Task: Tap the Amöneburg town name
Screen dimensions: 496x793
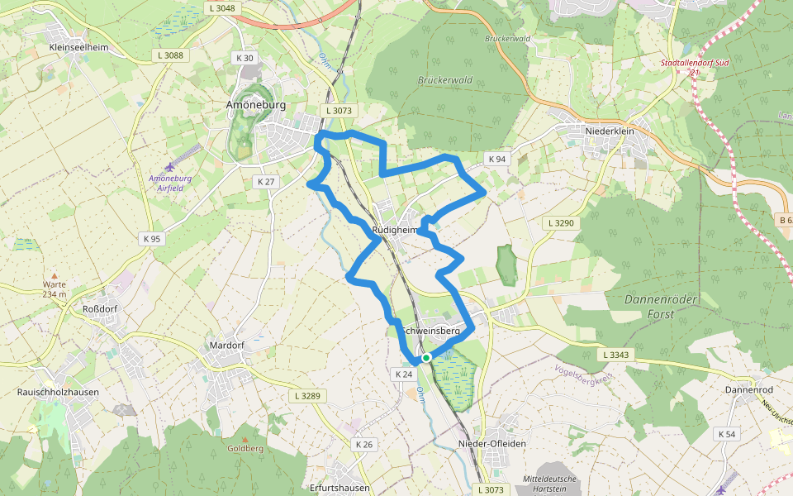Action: click(x=255, y=105)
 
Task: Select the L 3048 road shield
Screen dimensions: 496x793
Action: click(x=222, y=8)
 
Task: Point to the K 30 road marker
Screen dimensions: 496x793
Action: click(x=245, y=58)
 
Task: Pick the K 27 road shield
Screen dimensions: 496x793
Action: click(x=266, y=181)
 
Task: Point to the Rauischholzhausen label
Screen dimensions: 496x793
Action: click(x=58, y=392)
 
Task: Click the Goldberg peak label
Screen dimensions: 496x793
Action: click(x=245, y=448)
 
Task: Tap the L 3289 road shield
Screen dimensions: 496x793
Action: click(x=306, y=396)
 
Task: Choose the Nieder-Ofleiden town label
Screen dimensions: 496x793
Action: click(x=491, y=444)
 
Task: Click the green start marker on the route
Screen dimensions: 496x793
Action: click(x=426, y=358)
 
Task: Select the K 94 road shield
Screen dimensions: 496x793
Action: click(x=496, y=159)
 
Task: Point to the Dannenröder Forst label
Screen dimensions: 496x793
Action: click(x=661, y=306)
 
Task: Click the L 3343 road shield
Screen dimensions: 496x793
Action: click(x=616, y=355)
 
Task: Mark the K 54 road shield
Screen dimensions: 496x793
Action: click(x=727, y=434)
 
